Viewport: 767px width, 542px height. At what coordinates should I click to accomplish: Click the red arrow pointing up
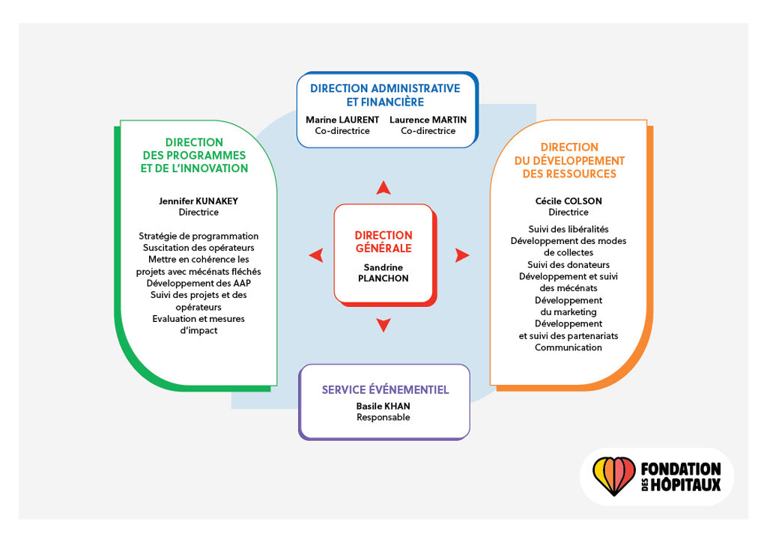383,188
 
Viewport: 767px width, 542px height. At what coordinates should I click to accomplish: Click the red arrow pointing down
383,324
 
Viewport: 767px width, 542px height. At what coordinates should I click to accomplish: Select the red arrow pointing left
316,255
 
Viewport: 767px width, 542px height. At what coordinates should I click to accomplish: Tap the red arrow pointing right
462,255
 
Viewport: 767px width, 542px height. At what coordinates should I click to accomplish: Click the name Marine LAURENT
342,120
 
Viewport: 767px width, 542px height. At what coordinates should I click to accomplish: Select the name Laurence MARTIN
428,120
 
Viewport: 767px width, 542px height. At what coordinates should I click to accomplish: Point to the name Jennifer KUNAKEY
198,201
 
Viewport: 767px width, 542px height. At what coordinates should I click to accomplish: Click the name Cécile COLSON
569,201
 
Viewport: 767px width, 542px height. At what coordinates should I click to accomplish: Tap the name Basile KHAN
383,406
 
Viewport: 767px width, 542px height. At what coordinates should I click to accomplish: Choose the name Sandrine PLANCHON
383,272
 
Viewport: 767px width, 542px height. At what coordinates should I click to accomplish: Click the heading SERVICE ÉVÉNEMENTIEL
385,390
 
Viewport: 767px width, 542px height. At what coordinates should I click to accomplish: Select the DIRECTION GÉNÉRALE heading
383,242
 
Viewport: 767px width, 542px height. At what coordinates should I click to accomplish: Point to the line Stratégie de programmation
198,236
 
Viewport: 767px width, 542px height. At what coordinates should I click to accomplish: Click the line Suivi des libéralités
569,229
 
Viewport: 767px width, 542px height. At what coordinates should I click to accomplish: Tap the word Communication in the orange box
569,347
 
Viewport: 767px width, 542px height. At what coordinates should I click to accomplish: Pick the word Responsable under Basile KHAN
383,418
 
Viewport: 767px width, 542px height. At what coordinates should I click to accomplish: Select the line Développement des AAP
198,283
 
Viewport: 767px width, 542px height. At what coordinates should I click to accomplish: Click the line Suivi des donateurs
569,264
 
